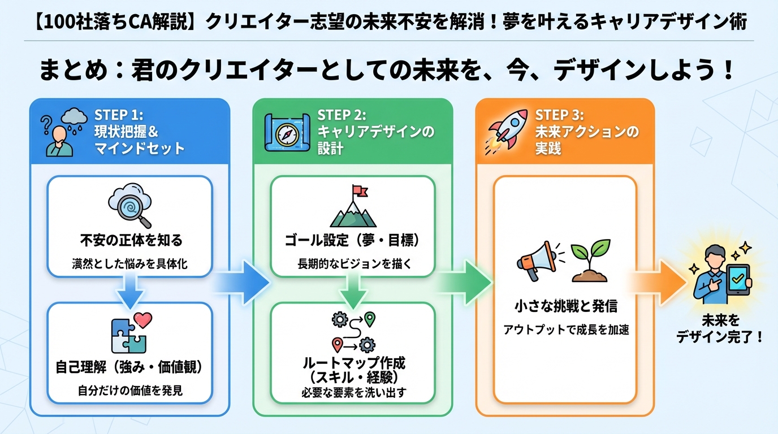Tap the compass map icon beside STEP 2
click(x=286, y=132)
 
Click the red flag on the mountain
click(x=358, y=192)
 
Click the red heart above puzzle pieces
click(x=143, y=321)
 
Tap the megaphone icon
click(x=536, y=261)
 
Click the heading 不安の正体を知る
click(x=131, y=241)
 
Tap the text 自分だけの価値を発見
click(x=130, y=390)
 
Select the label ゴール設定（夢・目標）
click(x=353, y=241)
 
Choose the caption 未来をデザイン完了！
click(x=720, y=329)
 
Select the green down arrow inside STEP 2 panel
click(x=353, y=292)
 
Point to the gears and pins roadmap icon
click(x=353, y=331)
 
